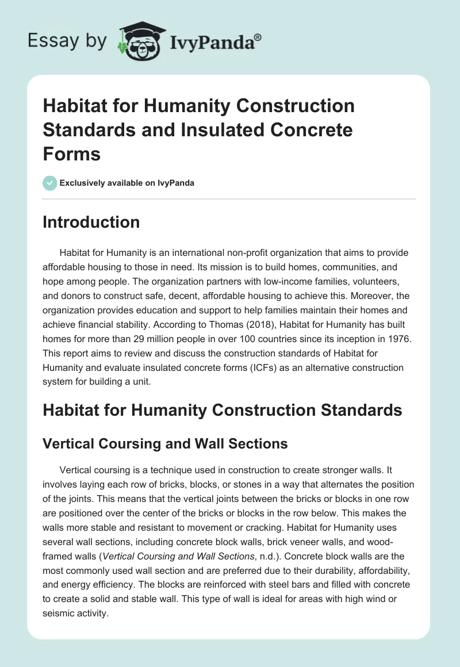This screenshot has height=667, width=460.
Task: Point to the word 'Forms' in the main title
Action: (x=71, y=154)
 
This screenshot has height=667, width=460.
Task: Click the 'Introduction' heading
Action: (x=91, y=223)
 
